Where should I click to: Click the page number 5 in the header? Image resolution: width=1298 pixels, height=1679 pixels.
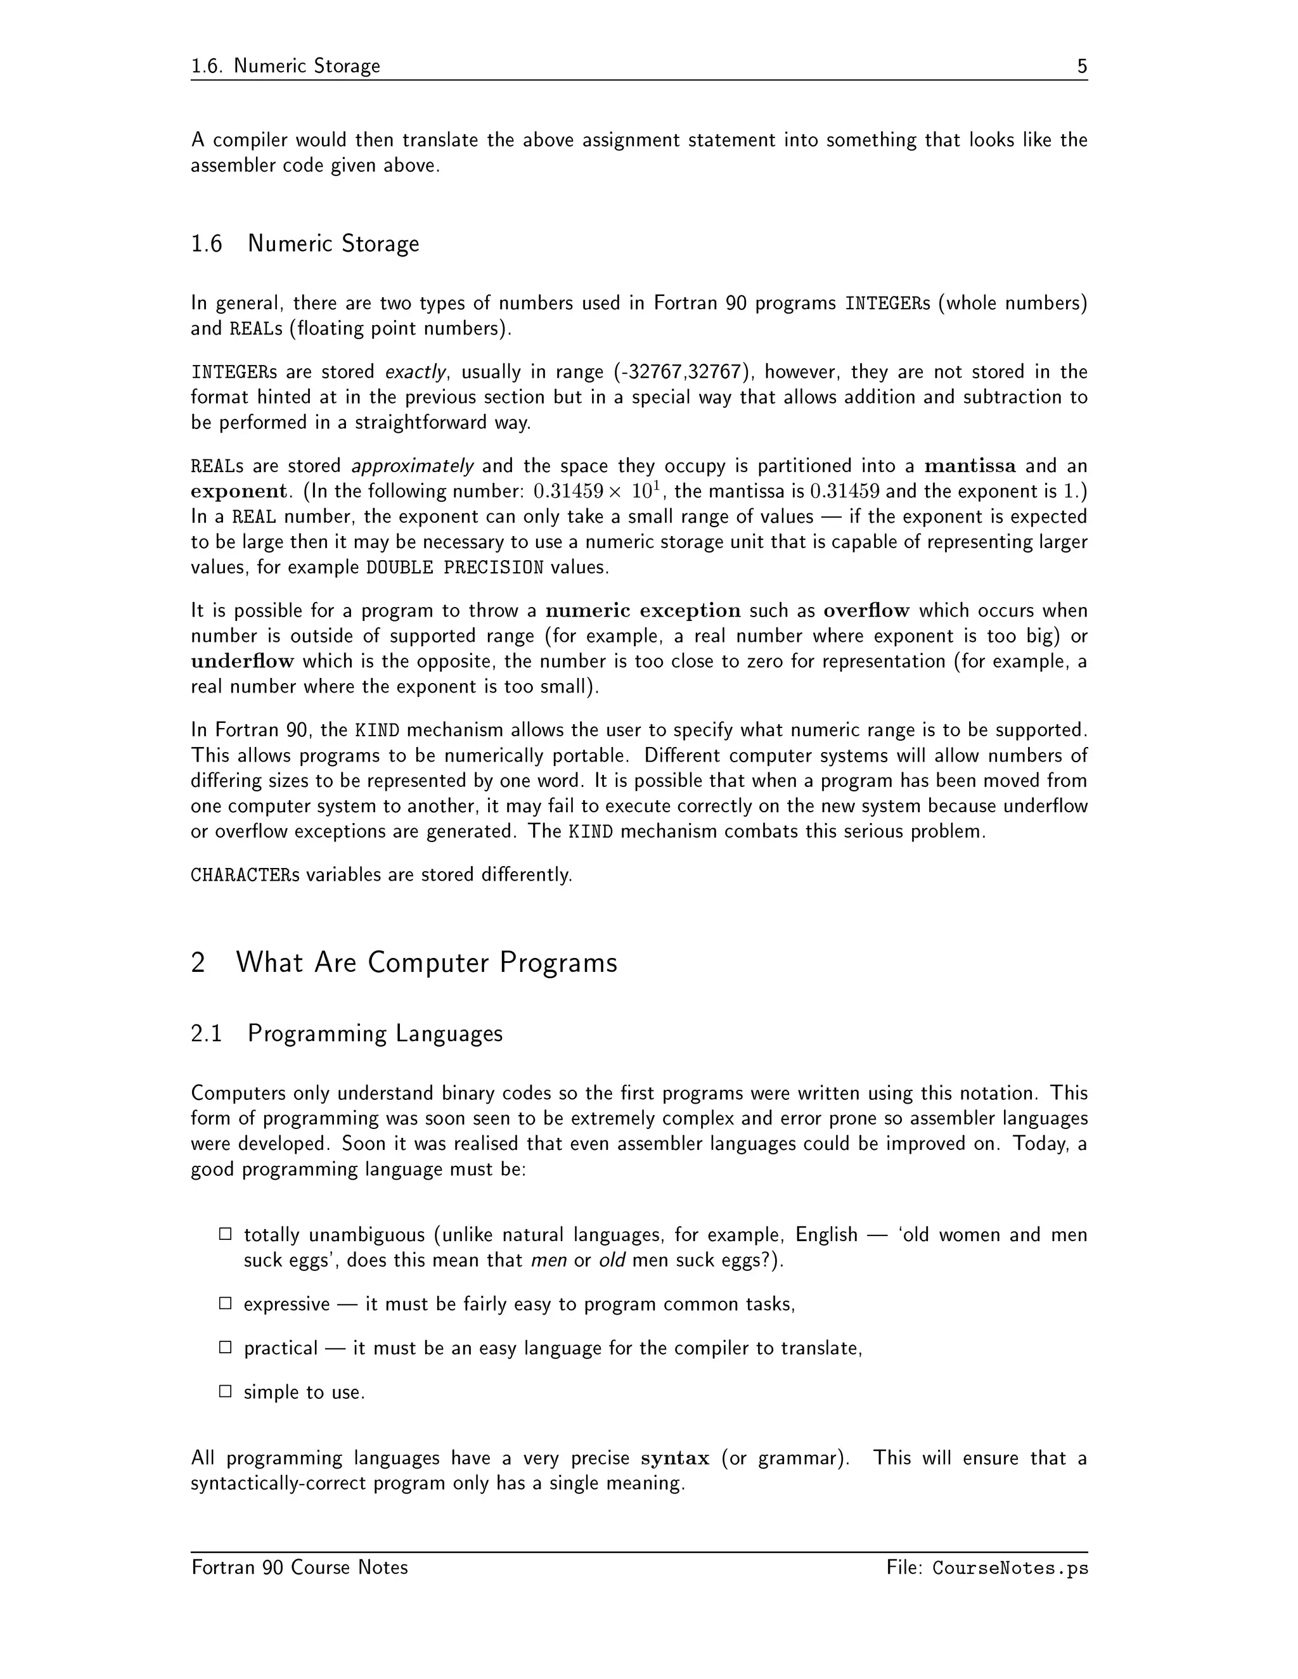1082,66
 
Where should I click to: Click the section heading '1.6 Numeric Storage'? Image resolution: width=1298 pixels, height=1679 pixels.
305,244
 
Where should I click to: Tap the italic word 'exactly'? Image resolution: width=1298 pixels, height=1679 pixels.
415,372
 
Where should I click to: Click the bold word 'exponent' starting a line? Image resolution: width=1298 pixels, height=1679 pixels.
238,491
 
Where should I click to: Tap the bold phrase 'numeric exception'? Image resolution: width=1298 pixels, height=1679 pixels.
643,611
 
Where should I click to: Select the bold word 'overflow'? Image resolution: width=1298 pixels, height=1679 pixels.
866,611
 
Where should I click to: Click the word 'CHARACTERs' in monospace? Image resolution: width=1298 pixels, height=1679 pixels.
245,875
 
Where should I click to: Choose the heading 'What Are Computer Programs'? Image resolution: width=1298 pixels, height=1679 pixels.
426,962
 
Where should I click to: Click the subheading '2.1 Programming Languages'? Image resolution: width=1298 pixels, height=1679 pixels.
347,1033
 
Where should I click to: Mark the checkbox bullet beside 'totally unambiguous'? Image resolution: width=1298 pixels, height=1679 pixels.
225,1234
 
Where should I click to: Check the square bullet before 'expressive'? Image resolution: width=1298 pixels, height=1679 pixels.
225,1303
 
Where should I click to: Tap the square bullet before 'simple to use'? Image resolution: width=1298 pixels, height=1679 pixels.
225,1391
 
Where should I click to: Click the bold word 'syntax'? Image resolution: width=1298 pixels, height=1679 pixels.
674,1459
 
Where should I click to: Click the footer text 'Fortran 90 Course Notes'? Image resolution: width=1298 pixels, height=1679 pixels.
300,1567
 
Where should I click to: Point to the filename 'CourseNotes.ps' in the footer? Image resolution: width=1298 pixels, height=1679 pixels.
1010,1567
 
